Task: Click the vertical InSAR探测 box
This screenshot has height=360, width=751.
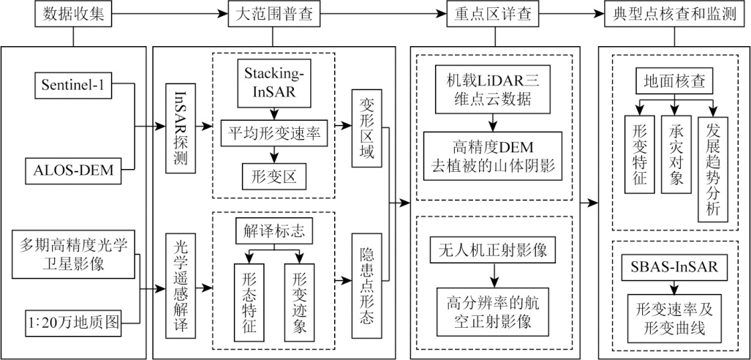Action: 181,130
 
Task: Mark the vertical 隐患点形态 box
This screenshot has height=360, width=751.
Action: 366,285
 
